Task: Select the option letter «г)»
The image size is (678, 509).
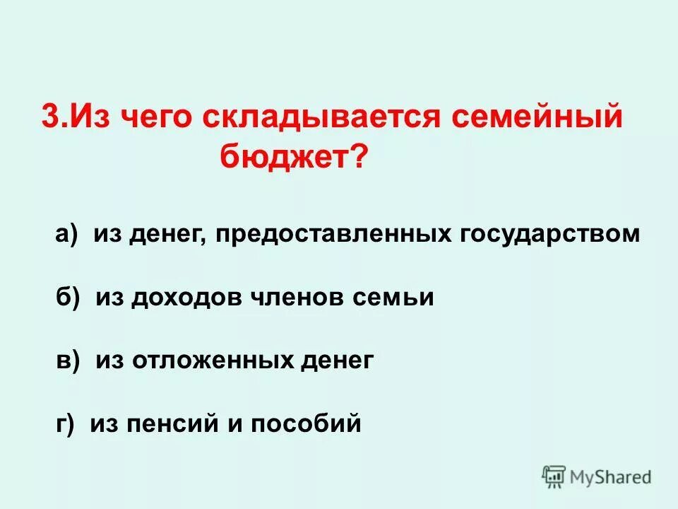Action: [x=64, y=423]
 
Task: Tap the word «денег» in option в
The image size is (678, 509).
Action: [x=336, y=361]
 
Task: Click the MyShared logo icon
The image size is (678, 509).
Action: [x=554, y=477]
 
